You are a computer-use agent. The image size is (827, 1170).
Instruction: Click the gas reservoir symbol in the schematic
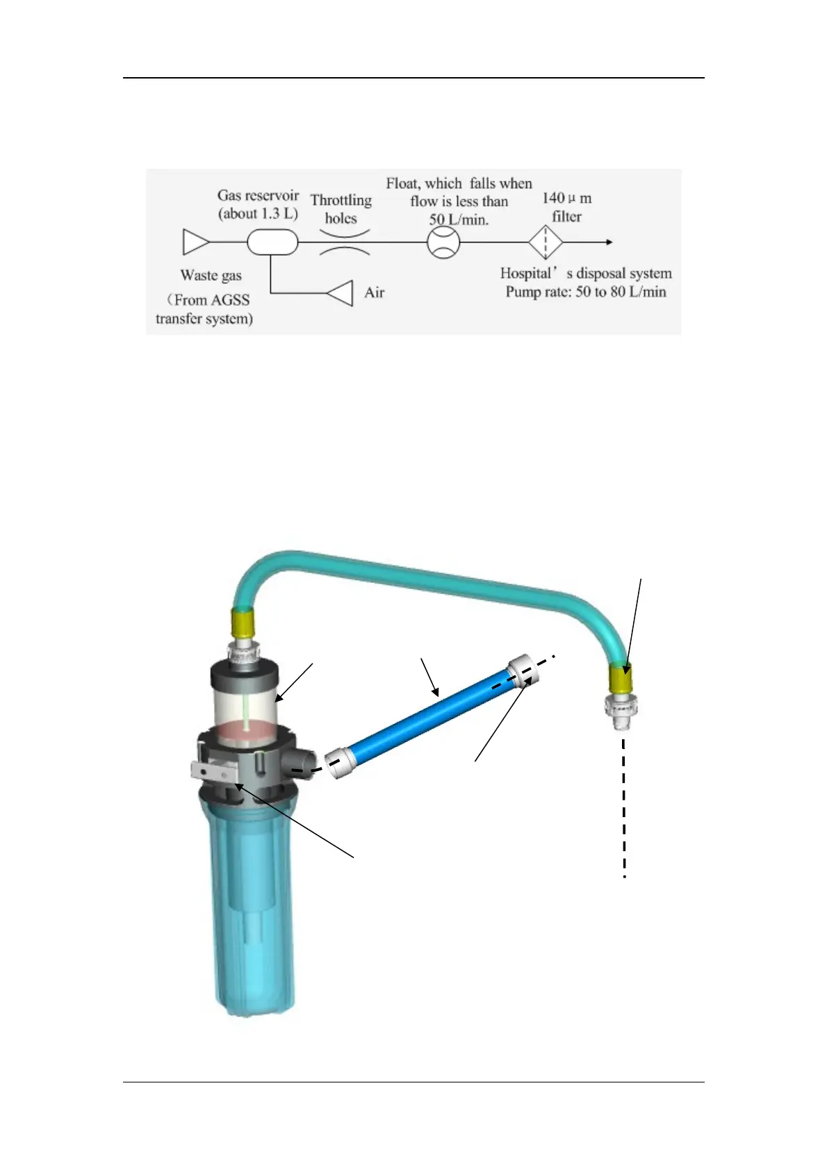tap(272, 242)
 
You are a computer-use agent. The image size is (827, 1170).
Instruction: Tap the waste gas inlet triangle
tap(195, 242)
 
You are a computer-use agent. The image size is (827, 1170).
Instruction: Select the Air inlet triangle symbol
tap(341, 293)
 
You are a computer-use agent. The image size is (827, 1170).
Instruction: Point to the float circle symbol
tap(443, 242)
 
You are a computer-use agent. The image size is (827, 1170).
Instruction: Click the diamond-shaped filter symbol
tap(546, 242)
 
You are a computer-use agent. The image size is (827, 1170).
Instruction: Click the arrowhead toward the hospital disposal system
tap(609, 242)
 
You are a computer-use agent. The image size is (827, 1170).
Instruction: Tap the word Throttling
tap(341, 201)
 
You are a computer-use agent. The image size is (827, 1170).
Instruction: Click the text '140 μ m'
tap(566, 199)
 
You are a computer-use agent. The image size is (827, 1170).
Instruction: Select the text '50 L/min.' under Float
tap(459, 220)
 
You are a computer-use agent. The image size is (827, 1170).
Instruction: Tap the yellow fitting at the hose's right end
tap(621, 677)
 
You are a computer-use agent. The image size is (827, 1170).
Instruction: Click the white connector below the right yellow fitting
tap(620, 710)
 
